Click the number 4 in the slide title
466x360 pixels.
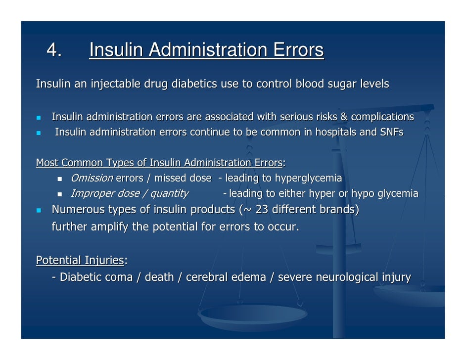click(51, 50)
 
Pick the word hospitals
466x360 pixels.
click(335, 133)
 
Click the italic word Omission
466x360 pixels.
click(92, 178)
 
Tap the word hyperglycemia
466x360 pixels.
click(308, 178)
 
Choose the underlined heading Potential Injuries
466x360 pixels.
click(80, 260)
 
